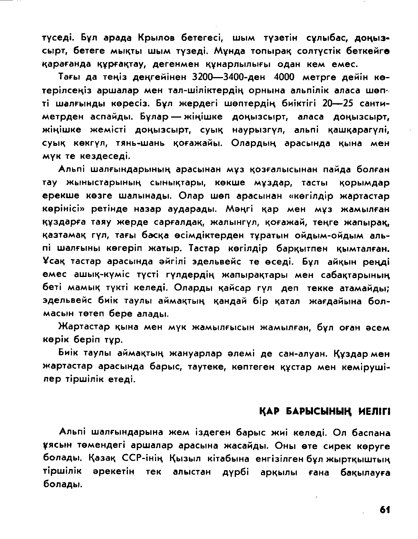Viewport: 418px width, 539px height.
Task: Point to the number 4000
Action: [x=284, y=77]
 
